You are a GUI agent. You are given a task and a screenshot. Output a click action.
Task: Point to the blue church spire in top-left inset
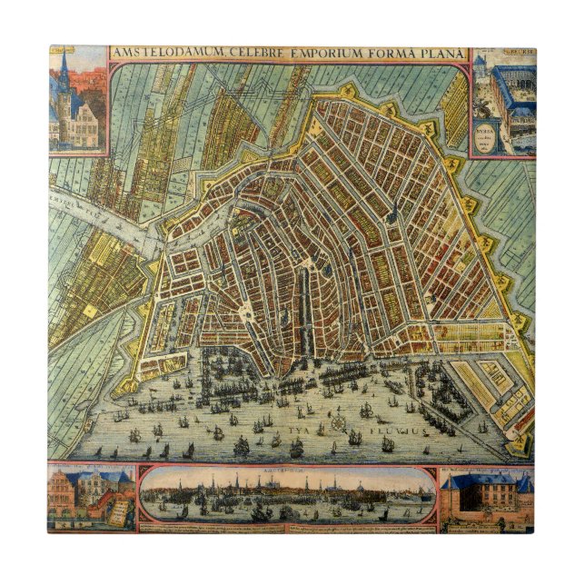pos(64,68)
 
